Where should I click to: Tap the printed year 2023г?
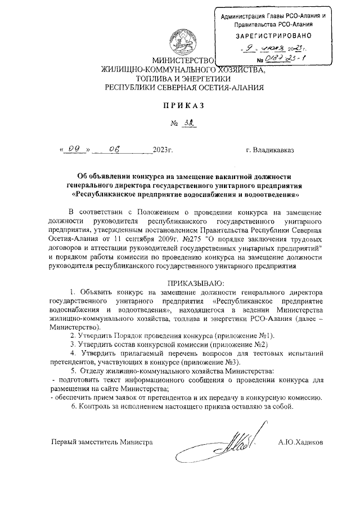tap(163, 150)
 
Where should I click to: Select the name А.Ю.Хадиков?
tap(300, 442)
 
